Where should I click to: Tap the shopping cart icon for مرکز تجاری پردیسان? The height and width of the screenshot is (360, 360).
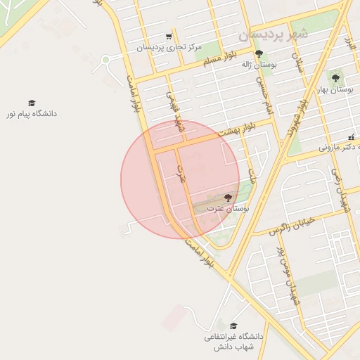point(169,37)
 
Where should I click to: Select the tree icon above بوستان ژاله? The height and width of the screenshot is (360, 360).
point(259,53)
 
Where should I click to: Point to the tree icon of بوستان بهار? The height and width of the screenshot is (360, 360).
point(335,78)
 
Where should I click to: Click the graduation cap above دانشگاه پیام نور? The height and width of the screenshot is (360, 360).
point(32,103)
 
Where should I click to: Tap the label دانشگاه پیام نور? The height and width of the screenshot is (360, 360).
point(32,114)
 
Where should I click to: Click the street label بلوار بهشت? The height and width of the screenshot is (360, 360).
point(237,129)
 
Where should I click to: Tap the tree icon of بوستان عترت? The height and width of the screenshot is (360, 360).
point(227,198)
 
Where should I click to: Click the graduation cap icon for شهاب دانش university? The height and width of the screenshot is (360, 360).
point(233,325)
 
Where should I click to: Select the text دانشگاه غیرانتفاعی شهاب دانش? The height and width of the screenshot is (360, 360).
point(233,342)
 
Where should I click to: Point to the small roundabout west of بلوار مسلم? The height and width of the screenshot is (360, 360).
point(105,60)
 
